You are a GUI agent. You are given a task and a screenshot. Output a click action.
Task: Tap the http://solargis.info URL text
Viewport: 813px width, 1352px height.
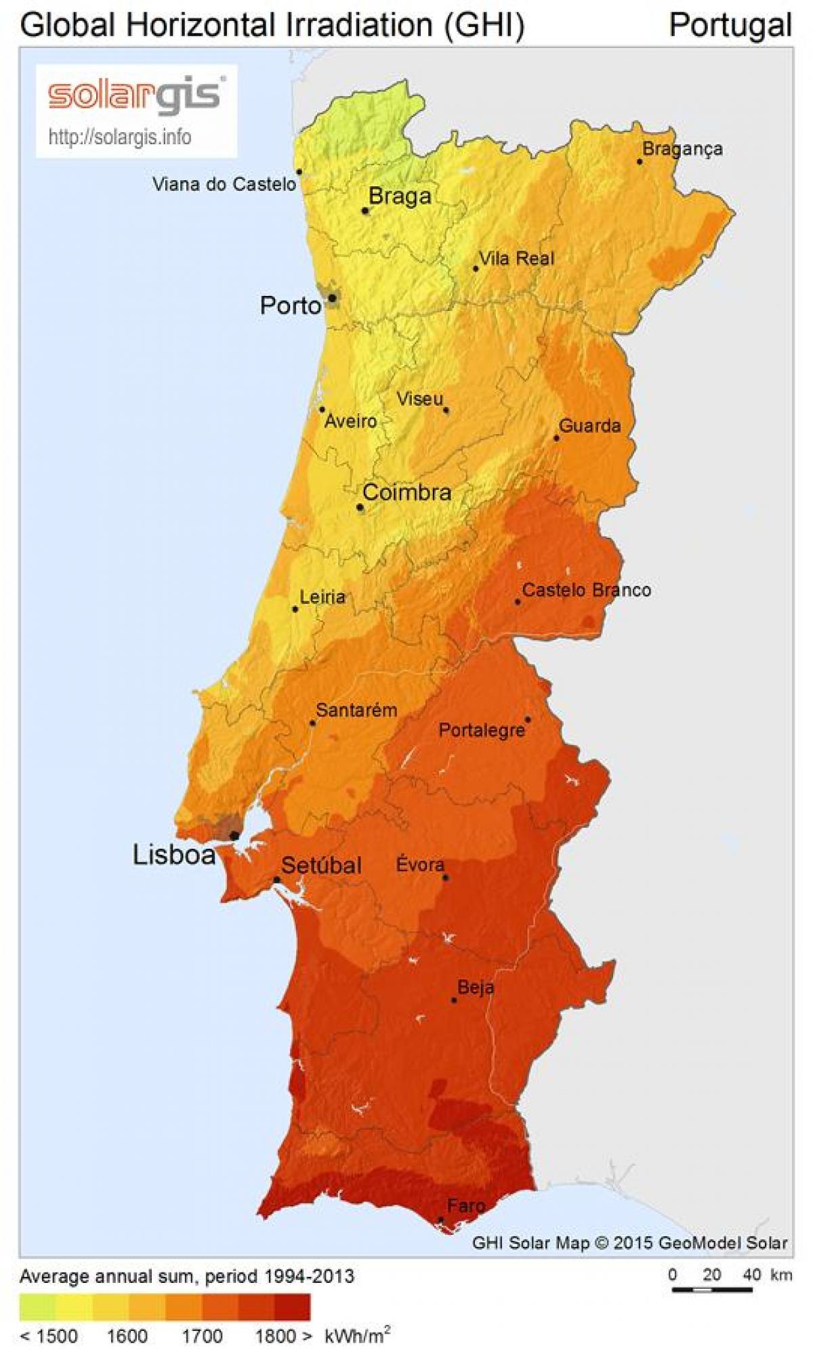120,138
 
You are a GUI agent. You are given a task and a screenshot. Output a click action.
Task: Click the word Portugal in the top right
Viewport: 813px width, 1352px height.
730,25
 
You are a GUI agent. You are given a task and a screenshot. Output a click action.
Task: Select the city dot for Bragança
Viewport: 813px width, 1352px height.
639,161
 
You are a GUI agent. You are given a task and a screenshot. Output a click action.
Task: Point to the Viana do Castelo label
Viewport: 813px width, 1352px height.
224,184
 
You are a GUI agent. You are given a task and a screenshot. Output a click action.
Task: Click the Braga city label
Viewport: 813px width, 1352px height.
400,196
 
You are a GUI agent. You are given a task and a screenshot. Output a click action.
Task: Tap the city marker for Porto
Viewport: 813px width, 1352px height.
333,297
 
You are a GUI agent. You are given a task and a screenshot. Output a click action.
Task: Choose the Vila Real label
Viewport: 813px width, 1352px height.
516,258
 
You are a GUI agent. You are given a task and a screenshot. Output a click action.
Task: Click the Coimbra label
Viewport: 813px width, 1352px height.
407,492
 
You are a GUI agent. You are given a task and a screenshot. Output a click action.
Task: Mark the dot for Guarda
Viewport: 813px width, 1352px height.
556,438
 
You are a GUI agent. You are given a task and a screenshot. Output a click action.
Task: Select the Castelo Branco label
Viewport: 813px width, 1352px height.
586,590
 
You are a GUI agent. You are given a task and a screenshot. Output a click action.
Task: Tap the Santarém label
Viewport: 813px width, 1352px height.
356,711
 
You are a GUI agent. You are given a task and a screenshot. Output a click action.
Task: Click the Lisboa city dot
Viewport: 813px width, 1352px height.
234,836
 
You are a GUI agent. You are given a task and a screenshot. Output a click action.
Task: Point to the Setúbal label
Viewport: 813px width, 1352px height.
321,866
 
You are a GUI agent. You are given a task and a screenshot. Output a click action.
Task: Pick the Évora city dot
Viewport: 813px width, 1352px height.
446,878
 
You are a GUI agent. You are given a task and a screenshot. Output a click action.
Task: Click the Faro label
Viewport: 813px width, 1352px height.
465,1205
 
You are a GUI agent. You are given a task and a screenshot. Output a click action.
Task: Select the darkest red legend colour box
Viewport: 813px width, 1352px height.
293,1308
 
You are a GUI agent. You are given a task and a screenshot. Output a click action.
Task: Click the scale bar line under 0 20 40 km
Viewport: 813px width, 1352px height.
711,1290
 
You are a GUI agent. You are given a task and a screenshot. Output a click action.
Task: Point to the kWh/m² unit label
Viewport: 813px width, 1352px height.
357,1336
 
